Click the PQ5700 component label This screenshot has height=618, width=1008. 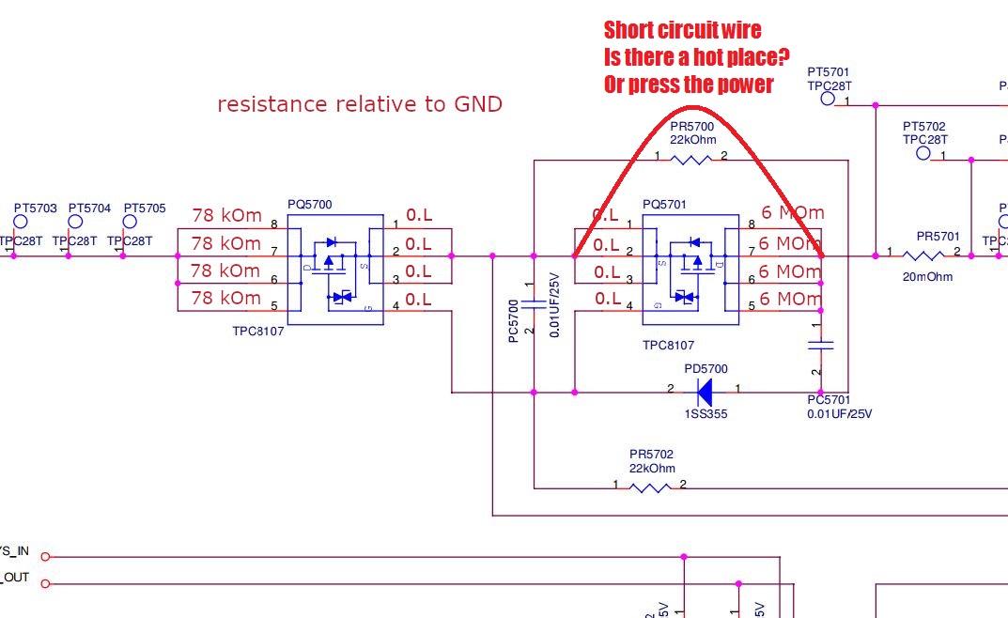pos(309,205)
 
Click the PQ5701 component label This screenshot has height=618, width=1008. pos(665,205)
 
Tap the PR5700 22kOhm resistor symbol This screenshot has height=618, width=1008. pos(691,161)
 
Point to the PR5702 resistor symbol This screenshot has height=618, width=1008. pos(650,487)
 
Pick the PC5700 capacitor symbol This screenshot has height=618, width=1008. pos(534,304)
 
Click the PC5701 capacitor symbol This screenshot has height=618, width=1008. pos(821,346)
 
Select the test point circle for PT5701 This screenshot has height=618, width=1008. pos(828,98)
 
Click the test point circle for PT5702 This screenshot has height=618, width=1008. pos(923,152)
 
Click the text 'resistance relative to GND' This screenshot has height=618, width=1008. pos(360,104)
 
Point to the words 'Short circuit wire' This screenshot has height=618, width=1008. pos(682,30)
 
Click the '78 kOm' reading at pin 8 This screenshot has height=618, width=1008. pos(226,216)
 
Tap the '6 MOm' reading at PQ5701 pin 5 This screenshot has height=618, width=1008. pos(791,299)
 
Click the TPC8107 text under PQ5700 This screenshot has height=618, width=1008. pos(258,332)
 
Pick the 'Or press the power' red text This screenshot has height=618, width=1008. pos(689,85)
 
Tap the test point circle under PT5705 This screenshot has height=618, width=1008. pos(130,223)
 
